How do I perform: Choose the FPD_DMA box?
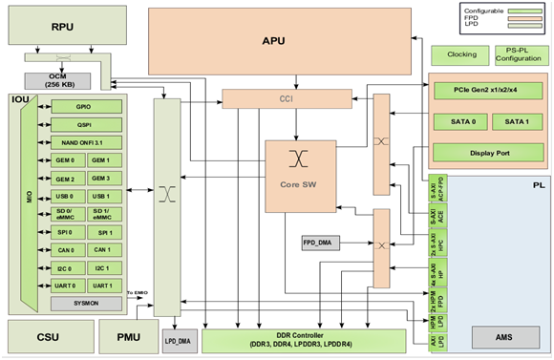(x=322, y=243)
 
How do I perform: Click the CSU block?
(x=47, y=336)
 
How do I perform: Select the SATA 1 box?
(x=517, y=121)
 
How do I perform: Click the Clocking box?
(x=460, y=54)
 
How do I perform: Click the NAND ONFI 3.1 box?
(x=84, y=141)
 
